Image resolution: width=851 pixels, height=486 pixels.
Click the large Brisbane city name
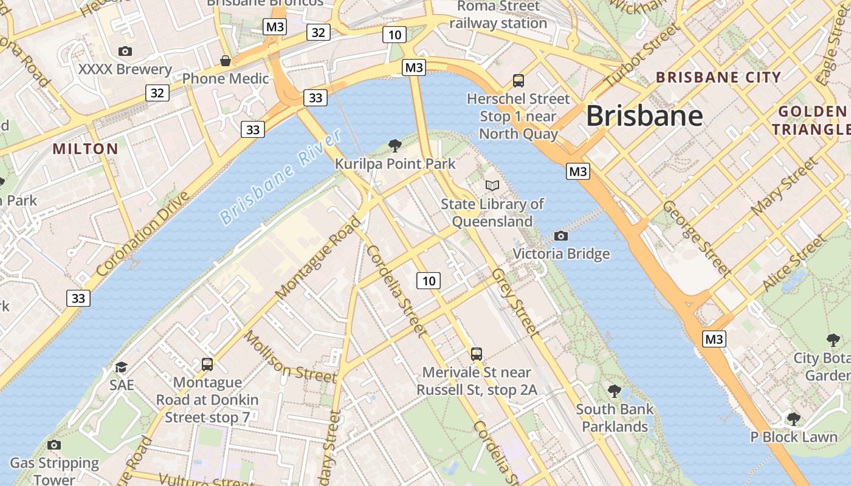pyautogui.click(x=644, y=115)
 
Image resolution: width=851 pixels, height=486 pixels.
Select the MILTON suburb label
pyautogui.click(x=85, y=149)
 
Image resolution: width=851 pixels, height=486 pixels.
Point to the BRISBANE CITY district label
pyautogui.click(x=718, y=77)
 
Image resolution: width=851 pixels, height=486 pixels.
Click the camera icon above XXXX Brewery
pyautogui.click(x=125, y=52)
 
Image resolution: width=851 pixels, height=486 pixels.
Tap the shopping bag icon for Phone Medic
pyautogui.click(x=226, y=61)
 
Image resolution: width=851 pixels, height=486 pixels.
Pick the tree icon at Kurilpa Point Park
pyautogui.click(x=394, y=146)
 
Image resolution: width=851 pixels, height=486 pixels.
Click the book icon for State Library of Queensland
pyautogui.click(x=492, y=185)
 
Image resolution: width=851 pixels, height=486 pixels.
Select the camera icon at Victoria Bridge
pyautogui.click(x=561, y=236)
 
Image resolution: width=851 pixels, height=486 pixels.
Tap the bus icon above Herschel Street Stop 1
pyautogui.click(x=519, y=80)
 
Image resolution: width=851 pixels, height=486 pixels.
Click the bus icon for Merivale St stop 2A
pyautogui.click(x=477, y=354)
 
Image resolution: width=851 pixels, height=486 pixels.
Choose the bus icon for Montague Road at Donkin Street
pyautogui.click(x=207, y=364)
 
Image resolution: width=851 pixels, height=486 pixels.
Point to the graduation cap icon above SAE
pyautogui.click(x=122, y=367)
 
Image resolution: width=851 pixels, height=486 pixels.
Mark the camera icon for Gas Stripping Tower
pyautogui.click(x=54, y=445)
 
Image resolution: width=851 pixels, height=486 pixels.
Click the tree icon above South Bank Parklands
pyautogui.click(x=615, y=391)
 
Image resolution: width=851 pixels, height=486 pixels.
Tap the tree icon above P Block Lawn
pyautogui.click(x=793, y=419)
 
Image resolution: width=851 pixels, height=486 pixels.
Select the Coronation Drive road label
pyautogui.click(x=143, y=234)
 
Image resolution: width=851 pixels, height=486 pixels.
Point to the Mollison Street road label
pyautogui.click(x=290, y=357)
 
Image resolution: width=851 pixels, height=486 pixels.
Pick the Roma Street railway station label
pyautogui.click(x=498, y=15)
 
